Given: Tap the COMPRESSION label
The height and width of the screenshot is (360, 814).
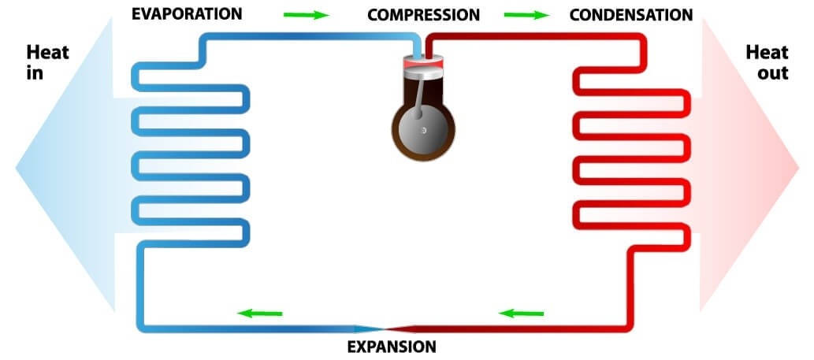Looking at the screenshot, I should pos(423,15).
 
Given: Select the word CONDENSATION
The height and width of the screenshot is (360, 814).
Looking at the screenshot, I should pos(630,15).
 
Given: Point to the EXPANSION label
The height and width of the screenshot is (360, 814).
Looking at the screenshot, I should pos(392,346).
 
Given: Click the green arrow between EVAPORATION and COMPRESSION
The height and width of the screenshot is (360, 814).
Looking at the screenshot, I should pos(306,15).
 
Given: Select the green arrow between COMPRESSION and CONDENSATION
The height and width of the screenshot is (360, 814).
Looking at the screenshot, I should pos(526,15).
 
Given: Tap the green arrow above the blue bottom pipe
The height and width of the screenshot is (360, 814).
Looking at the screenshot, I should pos(259,314).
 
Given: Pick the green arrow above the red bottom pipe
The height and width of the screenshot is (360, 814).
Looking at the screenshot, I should pos(522,314).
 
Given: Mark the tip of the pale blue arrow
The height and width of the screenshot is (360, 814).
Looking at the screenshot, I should pos(17,167).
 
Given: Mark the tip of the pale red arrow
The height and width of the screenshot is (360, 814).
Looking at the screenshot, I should pos(799,167).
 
